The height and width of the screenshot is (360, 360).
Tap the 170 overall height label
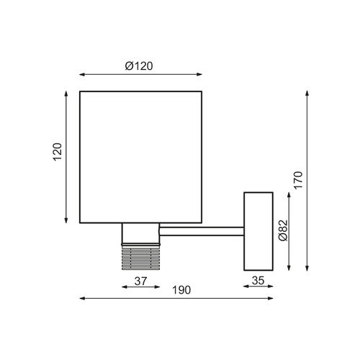click(x=299, y=179)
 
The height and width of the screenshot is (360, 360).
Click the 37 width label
click(x=140, y=282)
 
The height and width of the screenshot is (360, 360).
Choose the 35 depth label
click(x=258, y=282)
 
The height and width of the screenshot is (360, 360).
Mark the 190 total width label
click(x=181, y=289)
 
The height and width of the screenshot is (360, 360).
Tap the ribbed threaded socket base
click(x=140, y=255)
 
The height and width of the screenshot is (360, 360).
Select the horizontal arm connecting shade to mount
click(x=201, y=230)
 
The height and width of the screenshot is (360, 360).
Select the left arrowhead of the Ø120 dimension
click(x=81, y=73)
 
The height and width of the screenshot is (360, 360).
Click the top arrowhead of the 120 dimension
click(x=67, y=94)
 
